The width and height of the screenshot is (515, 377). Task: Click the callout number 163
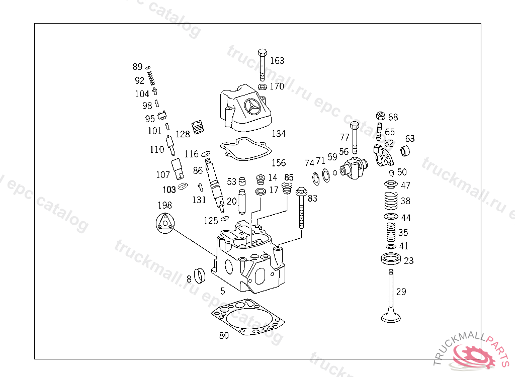coord(277,61)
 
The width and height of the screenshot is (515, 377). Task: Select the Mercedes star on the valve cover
coord(252,107)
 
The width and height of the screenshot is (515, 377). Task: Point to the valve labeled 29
coord(391,297)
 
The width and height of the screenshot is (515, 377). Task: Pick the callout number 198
coord(164,205)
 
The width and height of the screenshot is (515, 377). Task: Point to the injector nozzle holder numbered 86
coord(215,183)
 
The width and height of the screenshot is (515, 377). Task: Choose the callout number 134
coord(279,134)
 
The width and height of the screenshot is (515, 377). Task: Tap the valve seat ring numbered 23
coord(391,260)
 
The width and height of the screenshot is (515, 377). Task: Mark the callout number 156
coord(279,163)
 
